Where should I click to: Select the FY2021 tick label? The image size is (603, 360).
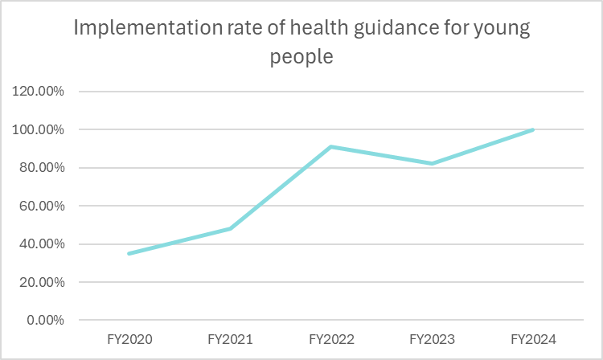point(230,339)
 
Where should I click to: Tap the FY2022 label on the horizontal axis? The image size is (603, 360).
point(331,339)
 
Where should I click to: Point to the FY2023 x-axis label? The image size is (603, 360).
point(433,339)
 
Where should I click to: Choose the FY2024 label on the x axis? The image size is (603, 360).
point(534,339)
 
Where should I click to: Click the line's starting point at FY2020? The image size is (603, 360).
point(129,254)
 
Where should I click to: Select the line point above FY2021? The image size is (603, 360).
point(230,229)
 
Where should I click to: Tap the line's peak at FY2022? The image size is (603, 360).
point(331,146)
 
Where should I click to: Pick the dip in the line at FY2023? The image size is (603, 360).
point(433,164)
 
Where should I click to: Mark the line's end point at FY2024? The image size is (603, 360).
point(533,129)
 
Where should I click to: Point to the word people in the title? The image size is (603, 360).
point(301,58)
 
